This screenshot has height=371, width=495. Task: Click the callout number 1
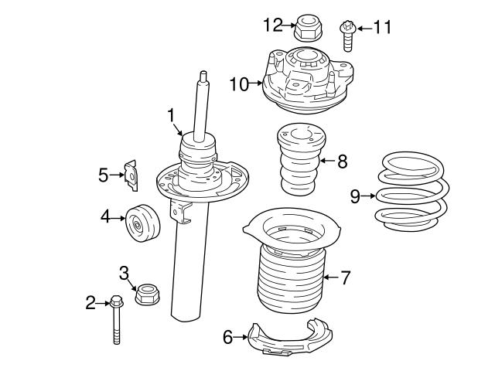point(171,115)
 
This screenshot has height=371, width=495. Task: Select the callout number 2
point(90,302)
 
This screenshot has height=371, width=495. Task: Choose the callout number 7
point(345,276)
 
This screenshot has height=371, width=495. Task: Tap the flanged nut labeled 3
point(146,295)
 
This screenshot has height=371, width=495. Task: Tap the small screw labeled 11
point(347,32)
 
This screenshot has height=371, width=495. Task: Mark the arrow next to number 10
point(259,84)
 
